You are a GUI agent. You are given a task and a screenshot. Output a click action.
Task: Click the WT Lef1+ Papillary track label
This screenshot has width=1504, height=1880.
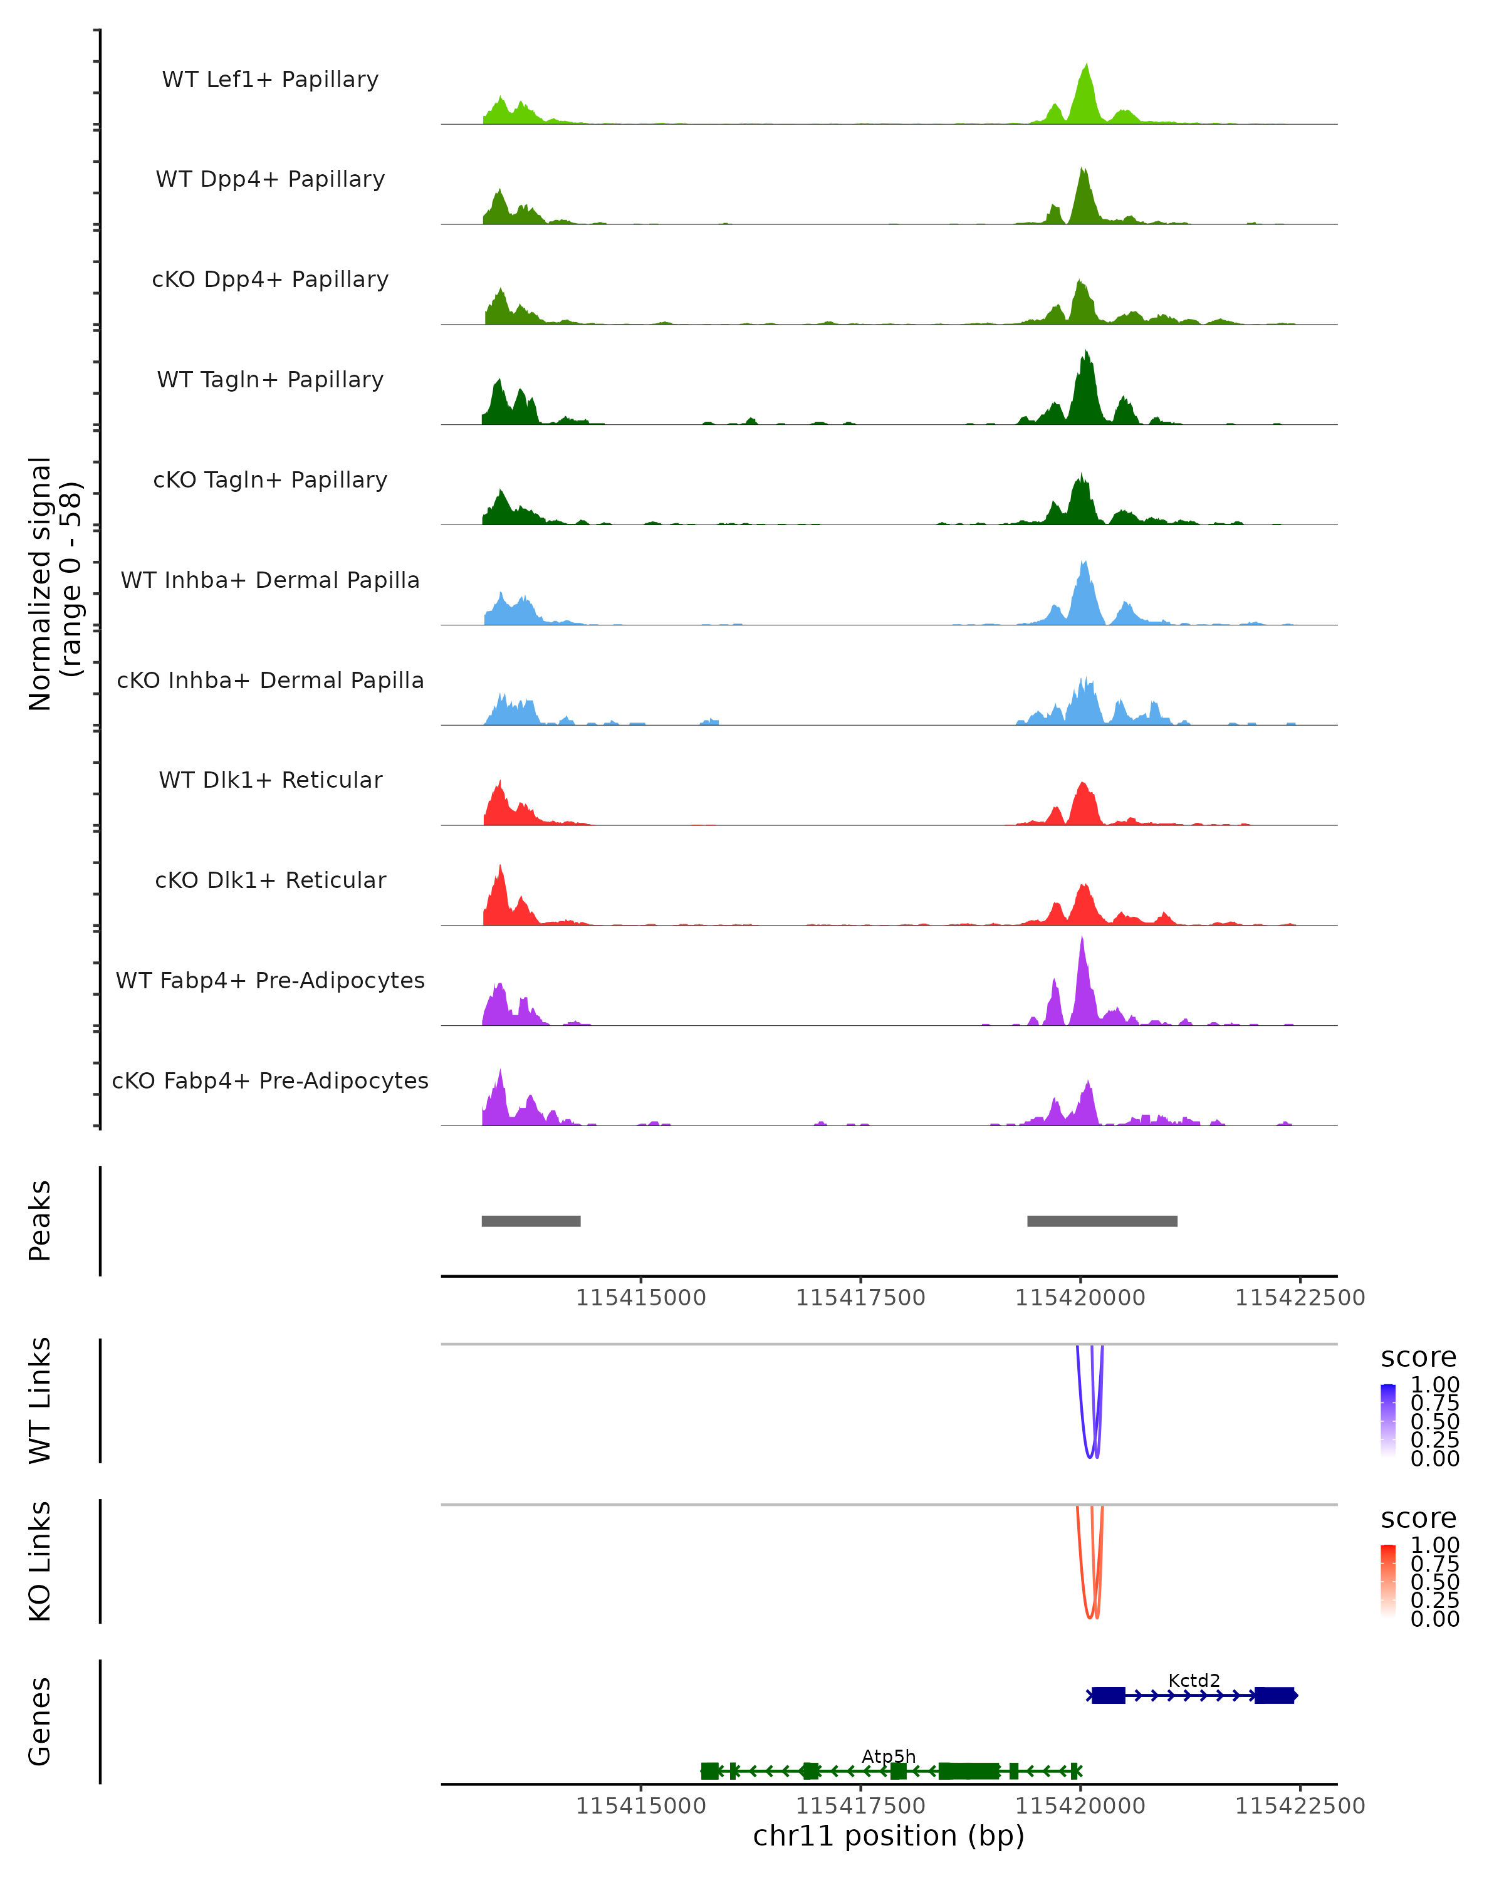(x=270, y=80)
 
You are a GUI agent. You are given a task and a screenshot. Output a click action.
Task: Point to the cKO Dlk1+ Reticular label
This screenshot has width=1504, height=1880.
(x=270, y=880)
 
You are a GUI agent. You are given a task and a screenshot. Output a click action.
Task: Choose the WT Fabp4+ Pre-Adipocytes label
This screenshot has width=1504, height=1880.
(x=270, y=980)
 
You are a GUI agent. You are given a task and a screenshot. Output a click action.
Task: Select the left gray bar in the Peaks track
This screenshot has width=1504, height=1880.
(x=531, y=1221)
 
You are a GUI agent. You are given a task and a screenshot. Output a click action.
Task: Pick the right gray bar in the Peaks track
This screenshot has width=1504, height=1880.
(x=1102, y=1221)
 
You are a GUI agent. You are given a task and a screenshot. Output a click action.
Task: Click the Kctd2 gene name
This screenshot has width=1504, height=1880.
(x=1194, y=1680)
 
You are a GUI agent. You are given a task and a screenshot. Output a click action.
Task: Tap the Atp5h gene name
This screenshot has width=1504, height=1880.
(x=889, y=1756)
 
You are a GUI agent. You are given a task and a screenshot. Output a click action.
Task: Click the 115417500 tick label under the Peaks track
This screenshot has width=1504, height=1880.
(x=860, y=1298)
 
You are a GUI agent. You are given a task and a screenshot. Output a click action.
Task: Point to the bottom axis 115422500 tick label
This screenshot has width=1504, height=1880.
(x=1300, y=1805)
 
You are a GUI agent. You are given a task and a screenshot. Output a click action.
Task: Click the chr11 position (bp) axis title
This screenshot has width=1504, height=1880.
(x=889, y=1836)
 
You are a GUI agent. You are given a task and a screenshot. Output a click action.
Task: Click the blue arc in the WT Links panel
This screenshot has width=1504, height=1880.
(x=1081, y=1413)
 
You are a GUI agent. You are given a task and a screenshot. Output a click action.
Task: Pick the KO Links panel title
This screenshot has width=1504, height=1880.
(x=40, y=1561)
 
